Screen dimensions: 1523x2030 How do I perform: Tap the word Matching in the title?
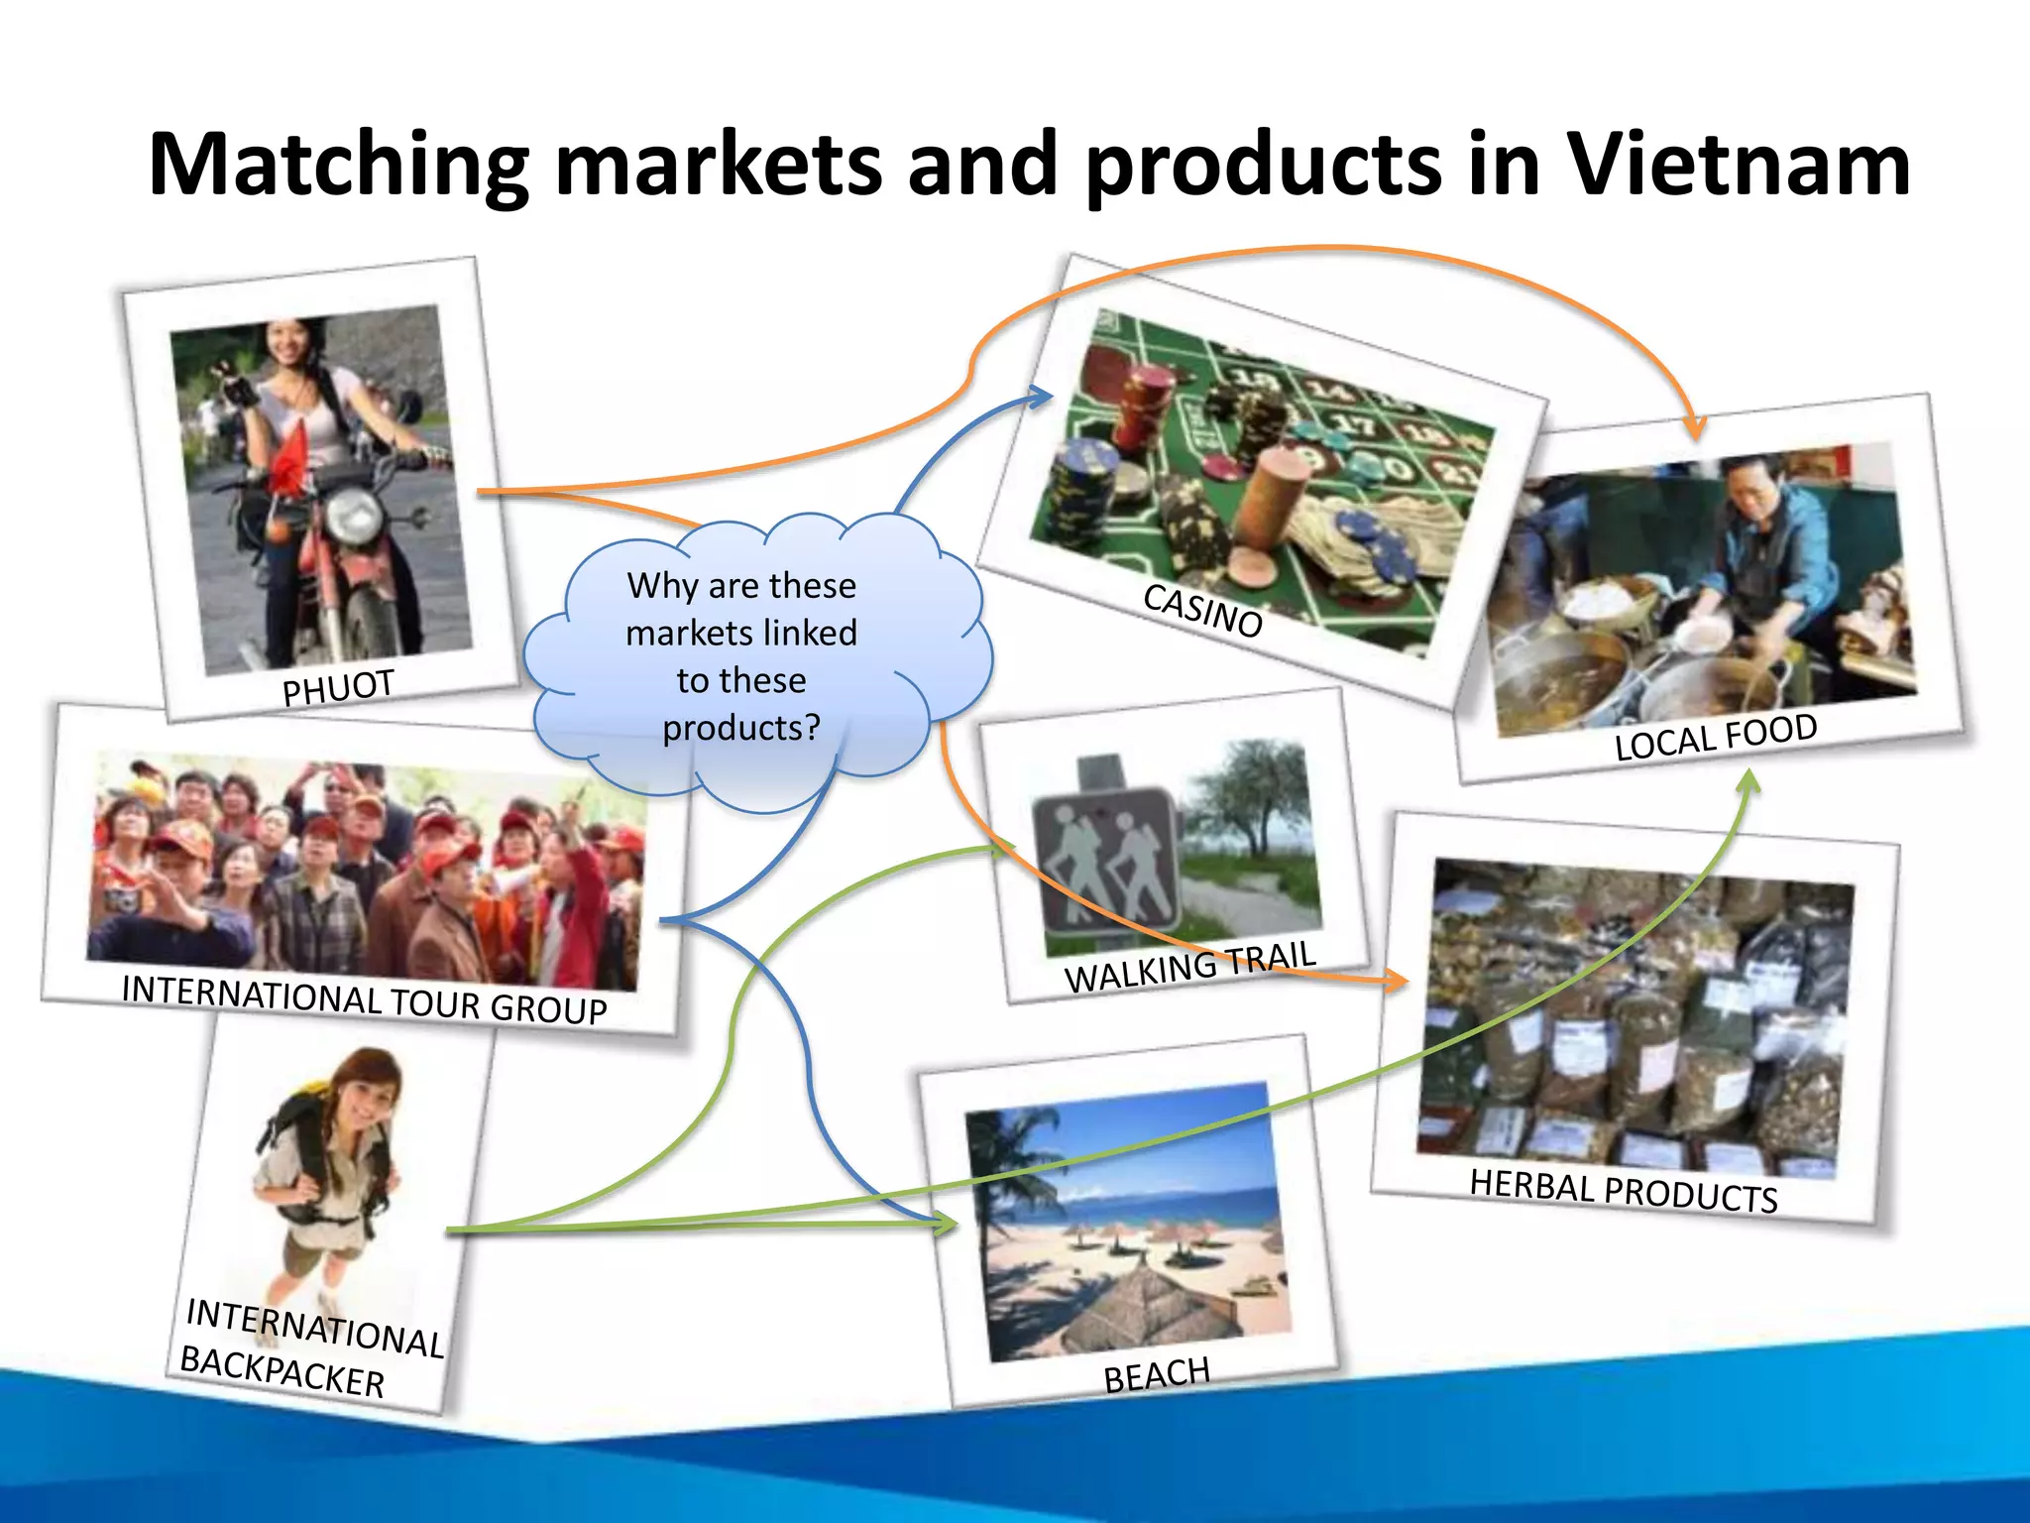click(x=338, y=165)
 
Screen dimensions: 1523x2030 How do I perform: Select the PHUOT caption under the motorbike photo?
click(x=338, y=687)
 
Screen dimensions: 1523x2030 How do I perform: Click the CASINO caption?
click(x=1202, y=611)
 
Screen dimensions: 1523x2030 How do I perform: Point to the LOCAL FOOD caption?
click(x=1716, y=737)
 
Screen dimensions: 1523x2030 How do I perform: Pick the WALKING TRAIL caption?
click(x=1189, y=967)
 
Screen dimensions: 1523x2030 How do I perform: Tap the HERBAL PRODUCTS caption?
click(x=1623, y=1191)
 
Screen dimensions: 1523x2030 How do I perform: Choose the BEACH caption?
click(x=1157, y=1374)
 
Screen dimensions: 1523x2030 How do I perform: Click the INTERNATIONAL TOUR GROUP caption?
click(x=364, y=998)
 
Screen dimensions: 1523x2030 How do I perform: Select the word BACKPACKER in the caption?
click(x=282, y=1371)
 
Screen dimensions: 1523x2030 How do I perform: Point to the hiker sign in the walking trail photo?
click(x=1106, y=859)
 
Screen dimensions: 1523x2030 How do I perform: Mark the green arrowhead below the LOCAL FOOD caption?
click(x=1749, y=783)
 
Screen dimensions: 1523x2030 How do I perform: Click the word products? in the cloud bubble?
click(x=741, y=728)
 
